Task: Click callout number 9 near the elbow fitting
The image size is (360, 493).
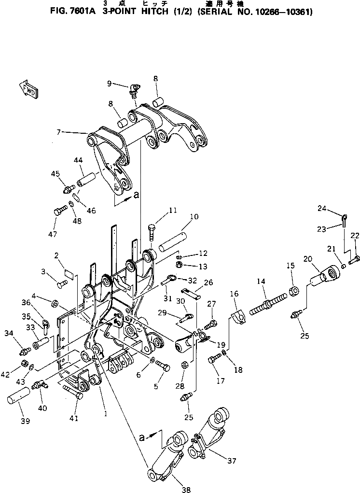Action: [110, 83]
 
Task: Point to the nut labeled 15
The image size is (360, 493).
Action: [293, 290]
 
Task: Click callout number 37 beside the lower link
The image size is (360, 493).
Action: [232, 461]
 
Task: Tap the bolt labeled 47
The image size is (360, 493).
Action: [59, 211]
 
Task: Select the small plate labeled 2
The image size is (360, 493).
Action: [69, 275]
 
